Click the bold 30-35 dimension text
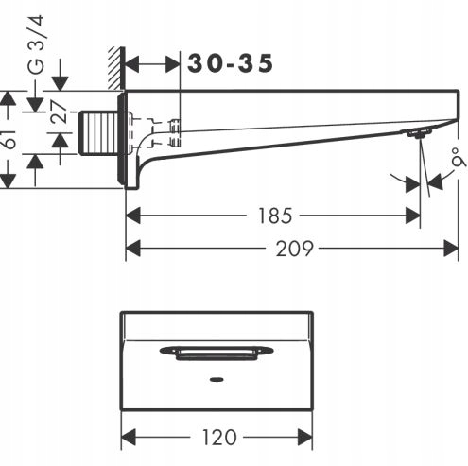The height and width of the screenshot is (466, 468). (230, 63)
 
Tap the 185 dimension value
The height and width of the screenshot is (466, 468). (275, 216)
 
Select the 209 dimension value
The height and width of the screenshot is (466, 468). (295, 249)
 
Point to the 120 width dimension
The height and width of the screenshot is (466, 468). (218, 437)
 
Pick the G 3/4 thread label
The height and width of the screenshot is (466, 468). (37, 44)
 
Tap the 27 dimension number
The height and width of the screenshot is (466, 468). (60, 112)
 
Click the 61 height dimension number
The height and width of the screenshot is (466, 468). (9, 139)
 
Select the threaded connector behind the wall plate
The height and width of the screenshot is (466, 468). (97, 133)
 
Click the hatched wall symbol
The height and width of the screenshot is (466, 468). (116, 67)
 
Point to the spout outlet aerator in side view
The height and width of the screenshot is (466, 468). (419, 133)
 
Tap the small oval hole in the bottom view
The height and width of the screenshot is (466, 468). (217, 379)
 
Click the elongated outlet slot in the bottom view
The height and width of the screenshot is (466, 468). (217, 353)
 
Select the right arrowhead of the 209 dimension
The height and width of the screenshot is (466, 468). (451, 249)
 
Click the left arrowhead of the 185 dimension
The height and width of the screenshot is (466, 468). (133, 216)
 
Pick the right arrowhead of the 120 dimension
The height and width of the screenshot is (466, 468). (304, 437)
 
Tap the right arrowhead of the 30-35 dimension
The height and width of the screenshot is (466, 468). (172, 65)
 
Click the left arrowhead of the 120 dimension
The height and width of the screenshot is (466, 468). (129, 437)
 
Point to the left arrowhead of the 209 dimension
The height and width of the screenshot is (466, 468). (133, 249)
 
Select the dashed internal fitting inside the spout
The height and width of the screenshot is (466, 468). (154, 132)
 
